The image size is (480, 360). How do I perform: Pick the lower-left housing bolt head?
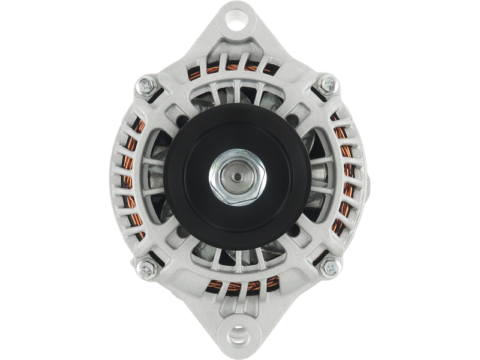[144, 266]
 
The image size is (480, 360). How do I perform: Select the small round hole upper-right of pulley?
[296, 119]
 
